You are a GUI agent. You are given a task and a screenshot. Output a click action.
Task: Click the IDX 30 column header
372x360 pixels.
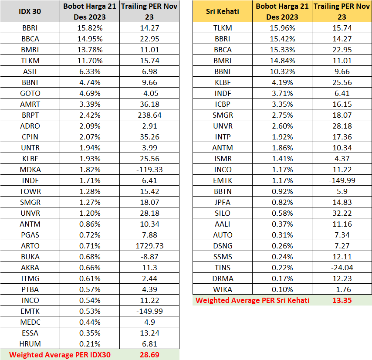pos(30,11)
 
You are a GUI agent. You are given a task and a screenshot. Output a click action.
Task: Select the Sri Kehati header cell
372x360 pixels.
pos(222,11)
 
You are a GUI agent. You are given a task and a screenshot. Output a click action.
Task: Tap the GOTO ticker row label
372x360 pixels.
pos(30,93)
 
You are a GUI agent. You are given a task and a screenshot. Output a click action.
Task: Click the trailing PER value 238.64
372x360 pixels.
pos(149,115)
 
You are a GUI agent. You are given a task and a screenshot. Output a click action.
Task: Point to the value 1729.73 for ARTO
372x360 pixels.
pos(149,246)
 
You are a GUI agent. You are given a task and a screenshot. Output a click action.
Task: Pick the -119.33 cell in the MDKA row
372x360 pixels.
pos(149,170)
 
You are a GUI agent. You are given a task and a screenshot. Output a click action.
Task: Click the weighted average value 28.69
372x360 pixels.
pos(149,355)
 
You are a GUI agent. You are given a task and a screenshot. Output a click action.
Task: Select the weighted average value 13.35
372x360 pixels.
pos(342,300)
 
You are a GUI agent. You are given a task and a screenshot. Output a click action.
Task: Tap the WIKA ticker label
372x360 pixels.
pos(223,289)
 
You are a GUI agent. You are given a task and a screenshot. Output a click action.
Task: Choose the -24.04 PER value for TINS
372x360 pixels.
pos(342,268)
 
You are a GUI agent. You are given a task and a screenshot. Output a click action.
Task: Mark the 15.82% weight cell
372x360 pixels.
pos(89,28)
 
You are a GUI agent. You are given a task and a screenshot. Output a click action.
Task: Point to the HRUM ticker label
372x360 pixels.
pos(30,344)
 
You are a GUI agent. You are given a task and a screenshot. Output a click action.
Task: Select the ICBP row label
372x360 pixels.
pos(223,104)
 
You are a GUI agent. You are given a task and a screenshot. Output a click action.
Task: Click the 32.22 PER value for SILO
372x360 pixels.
pos(342,213)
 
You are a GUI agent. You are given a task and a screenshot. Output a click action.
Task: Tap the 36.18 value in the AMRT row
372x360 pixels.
pos(149,104)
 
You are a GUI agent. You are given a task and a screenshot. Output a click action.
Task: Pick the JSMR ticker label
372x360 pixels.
pos(223,159)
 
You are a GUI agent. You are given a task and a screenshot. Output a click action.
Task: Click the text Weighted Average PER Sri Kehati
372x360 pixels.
pos(253,300)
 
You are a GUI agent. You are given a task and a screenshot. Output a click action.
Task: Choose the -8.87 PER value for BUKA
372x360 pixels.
pos(149,257)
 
